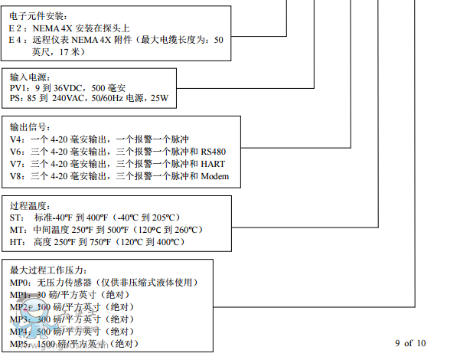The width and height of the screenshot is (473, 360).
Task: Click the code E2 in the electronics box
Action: (15, 28)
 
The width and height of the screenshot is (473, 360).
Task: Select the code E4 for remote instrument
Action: (15, 40)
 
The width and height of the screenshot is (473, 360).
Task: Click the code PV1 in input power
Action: (18, 89)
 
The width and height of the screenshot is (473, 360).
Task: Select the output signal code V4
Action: (16, 139)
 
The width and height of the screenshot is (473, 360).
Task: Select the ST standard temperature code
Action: (16, 218)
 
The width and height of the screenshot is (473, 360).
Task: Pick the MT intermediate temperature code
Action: (17, 230)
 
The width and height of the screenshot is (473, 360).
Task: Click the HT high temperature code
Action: (16, 242)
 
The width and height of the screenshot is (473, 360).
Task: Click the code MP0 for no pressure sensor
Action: (19, 282)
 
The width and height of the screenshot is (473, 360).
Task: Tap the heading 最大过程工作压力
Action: (49, 270)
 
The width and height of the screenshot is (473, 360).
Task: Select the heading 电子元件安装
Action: (38, 16)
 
